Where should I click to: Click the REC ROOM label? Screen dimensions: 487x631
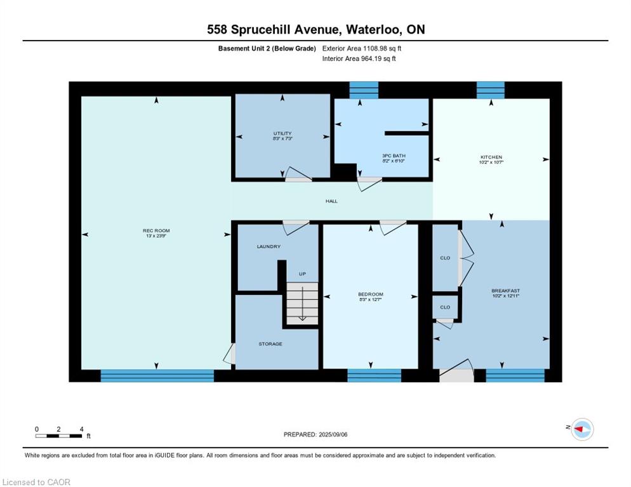pos(156,231)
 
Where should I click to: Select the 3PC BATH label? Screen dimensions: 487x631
pos(394,156)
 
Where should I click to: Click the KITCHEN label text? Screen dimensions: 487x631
pos(491,157)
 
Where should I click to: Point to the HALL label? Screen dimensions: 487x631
pos(331,201)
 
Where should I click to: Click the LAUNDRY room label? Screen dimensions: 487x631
pos(269,247)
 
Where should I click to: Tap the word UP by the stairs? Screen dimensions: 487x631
pos(302,274)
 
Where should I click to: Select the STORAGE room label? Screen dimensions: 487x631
pos(270,344)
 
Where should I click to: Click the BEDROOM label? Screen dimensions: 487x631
pos(370,294)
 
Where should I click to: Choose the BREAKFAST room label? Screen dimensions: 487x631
pos(505,290)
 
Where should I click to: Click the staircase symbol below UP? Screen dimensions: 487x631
pos(302,303)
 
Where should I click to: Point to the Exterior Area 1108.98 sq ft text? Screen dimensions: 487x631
pos(362,48)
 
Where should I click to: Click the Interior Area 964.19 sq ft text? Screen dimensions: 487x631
pos(359,58)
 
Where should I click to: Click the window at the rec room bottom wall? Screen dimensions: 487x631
pos(157,375)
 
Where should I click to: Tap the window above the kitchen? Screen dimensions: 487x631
pos(490,89)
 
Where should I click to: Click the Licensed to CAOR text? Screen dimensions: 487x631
pos(36,482)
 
